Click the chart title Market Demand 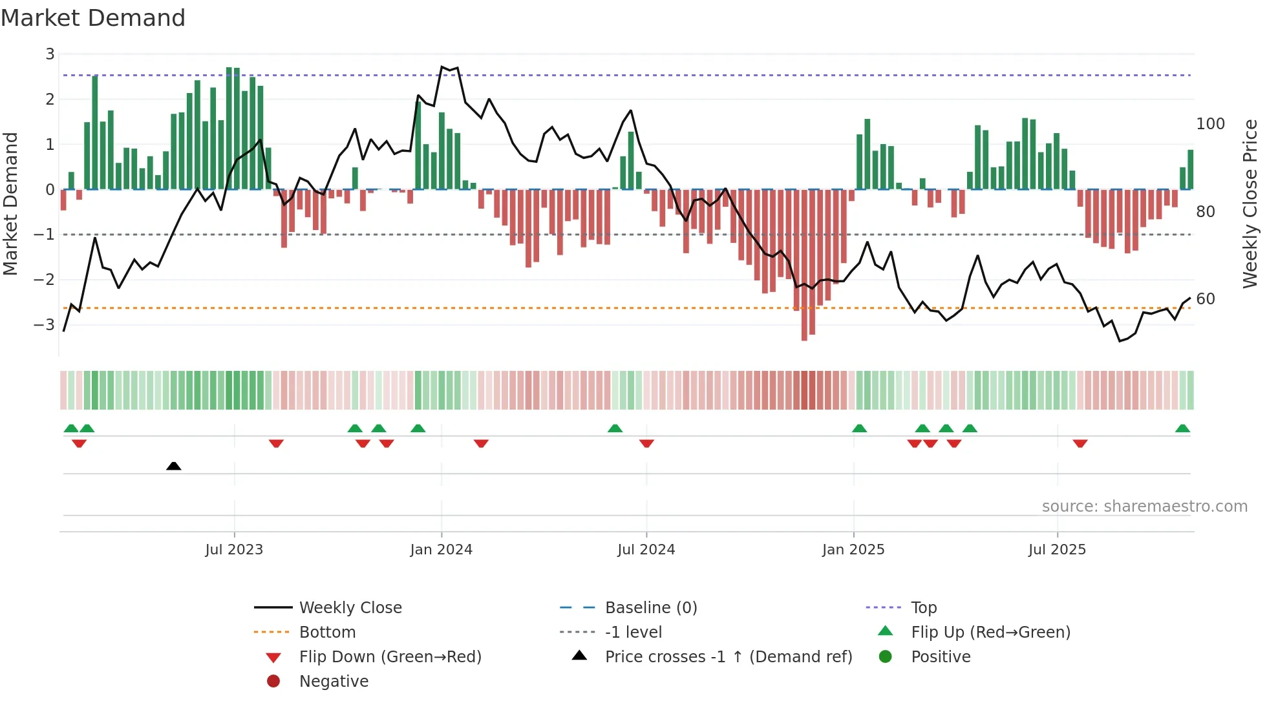point(93,18)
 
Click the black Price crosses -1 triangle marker point(173,466)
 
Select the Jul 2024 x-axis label point(646,550)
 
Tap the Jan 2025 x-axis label point(853,550)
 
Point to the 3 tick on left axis point(50,54)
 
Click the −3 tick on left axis point(45,324)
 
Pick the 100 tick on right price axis point(1210,124)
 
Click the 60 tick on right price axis point(1205,299)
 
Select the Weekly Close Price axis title point(1250,204)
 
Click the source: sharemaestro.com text point(1144,507)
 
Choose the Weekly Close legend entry point(350,608)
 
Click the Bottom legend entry point(327,633)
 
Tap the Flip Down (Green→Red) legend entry point(390,657)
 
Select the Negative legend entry point(334,682)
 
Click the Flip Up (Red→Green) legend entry point(990,633)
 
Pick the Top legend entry point(924,608)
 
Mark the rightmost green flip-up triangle point(1182,428)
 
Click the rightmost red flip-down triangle point(1080,443)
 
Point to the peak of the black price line point(442,67)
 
